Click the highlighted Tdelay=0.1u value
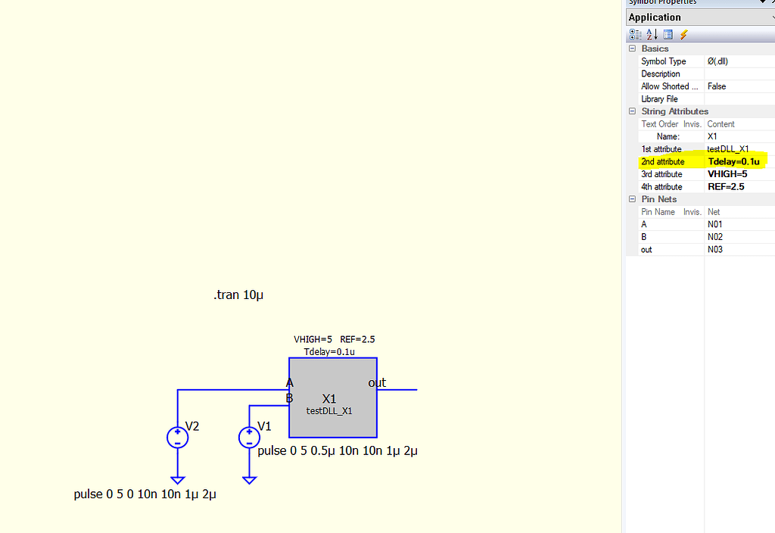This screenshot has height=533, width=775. (x=733, y=161)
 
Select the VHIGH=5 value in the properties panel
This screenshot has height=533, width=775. (x=727, y=174)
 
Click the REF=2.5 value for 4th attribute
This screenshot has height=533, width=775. (x=724, y=187)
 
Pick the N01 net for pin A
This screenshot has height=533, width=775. (x=715, y=225)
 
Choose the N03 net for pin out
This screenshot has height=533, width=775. (x=715, y=250)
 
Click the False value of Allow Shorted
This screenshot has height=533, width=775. (x=716, y=86)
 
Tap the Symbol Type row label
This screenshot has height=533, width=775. (x=663, y=61)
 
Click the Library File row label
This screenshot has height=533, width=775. (x=659, y=99)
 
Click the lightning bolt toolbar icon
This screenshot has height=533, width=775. (x=684, y=35)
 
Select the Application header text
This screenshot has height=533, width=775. (x=655, y=17)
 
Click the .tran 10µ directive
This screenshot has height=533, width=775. (x=238, y=295)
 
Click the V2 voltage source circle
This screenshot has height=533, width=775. (x=177, y=437)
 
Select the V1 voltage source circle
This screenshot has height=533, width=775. (x=249, y=437)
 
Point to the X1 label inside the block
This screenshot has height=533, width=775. (x=329, y=398)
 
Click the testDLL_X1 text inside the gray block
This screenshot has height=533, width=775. (x=329, y=411)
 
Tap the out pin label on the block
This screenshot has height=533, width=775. (x=377, y=383)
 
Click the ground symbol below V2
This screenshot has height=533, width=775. (x=177, y=479)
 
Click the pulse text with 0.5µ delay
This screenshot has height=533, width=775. (x=338, y=451)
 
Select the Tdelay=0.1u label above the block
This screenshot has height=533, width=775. (x=329, y=352)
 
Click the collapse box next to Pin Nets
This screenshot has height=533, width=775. (x=632, y=199)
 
